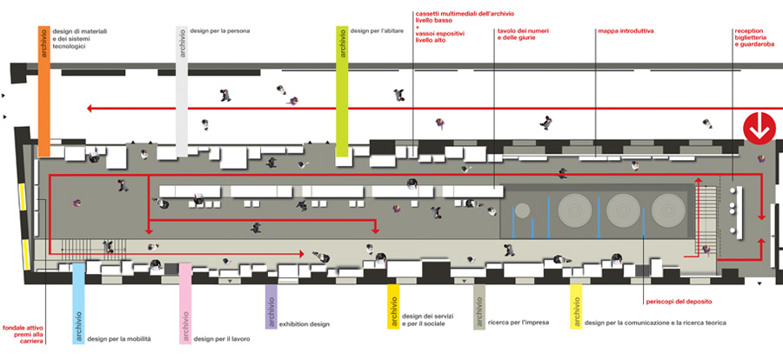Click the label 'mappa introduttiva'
pyautogui.click(x=626, y=31)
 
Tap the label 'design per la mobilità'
pyautogui.click(x=123, y=338)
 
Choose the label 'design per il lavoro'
pyautogui.click(x=226, y=338)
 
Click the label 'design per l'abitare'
pyautogui.click(x=379, y=31)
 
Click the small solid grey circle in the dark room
pyautogui.click(x=523, y=210)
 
